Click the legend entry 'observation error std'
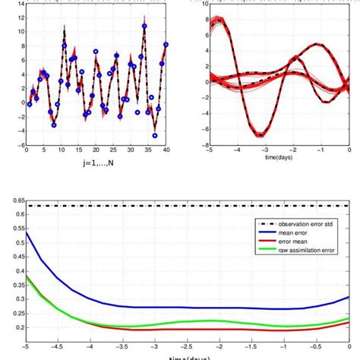pos(304,224)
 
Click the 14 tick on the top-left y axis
pos(21,4)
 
